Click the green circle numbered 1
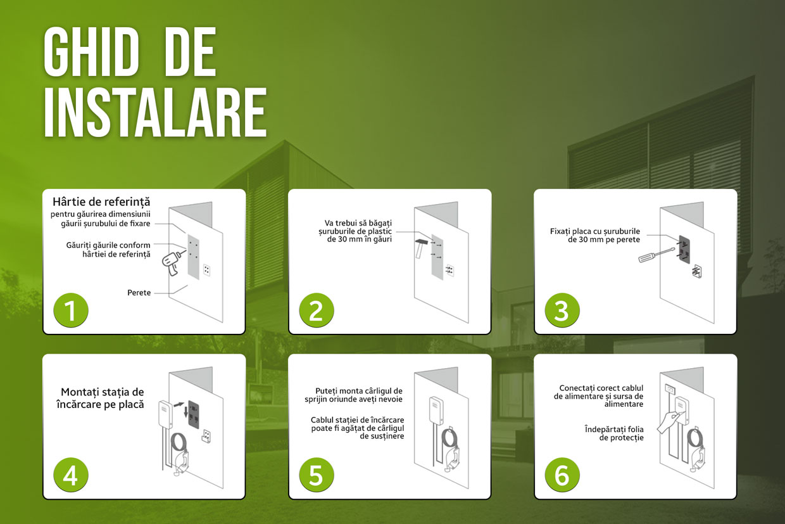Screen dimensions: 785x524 [x=71, y=310]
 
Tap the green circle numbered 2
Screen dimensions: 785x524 [x=317, y=310]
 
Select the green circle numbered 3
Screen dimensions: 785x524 [x=562, y=310]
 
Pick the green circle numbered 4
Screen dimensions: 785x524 [x=71, y=475]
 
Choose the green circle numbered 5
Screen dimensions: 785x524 [x=317, y=475]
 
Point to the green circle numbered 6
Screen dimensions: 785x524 [x=562, y=475]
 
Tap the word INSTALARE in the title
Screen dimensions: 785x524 [x=155, y=112]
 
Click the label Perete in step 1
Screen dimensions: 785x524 [x=139, y=293]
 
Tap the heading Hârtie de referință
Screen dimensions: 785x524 [x=101, y=201]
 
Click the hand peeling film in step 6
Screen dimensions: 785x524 [x=668, y=423]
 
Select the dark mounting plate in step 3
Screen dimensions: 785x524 [x=684, y=250]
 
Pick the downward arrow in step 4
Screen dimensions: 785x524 [x=186, y=412]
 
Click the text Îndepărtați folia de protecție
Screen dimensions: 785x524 [x=614, y=433]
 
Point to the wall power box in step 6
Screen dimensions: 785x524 [x=670, y=388]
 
